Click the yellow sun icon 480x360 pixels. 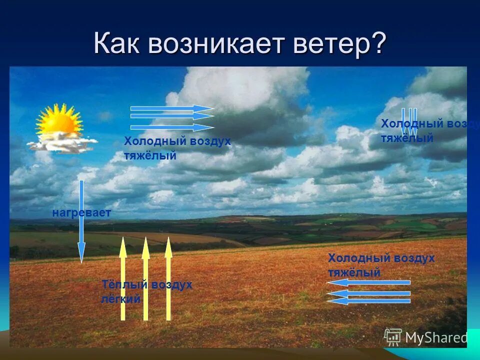click(x=59, y=121)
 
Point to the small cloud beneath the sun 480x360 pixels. click(x=62, y=144)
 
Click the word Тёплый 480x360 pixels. click(x=125, y=285)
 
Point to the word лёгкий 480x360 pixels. click(x=120, y=299)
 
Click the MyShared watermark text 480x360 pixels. click(x=436, y=338)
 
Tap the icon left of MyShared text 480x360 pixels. click(x=393, y=337)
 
